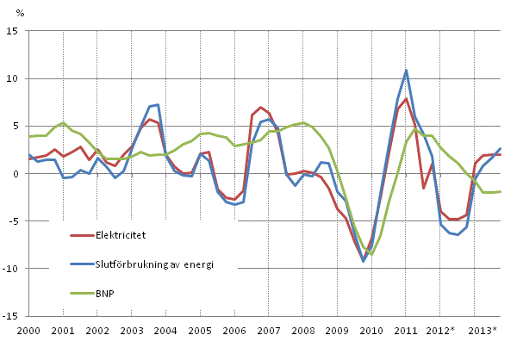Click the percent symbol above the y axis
coord(21,13)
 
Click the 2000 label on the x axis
coord(28,331)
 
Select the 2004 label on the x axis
coord(165,331)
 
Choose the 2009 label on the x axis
coord(337,331)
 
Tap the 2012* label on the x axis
coord(441,331)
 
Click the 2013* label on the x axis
coord(483,331)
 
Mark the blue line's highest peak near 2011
coord(406,70)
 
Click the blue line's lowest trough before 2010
coord(364,261)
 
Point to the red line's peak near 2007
coord(260,108)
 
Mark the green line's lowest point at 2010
coord(371,256)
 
